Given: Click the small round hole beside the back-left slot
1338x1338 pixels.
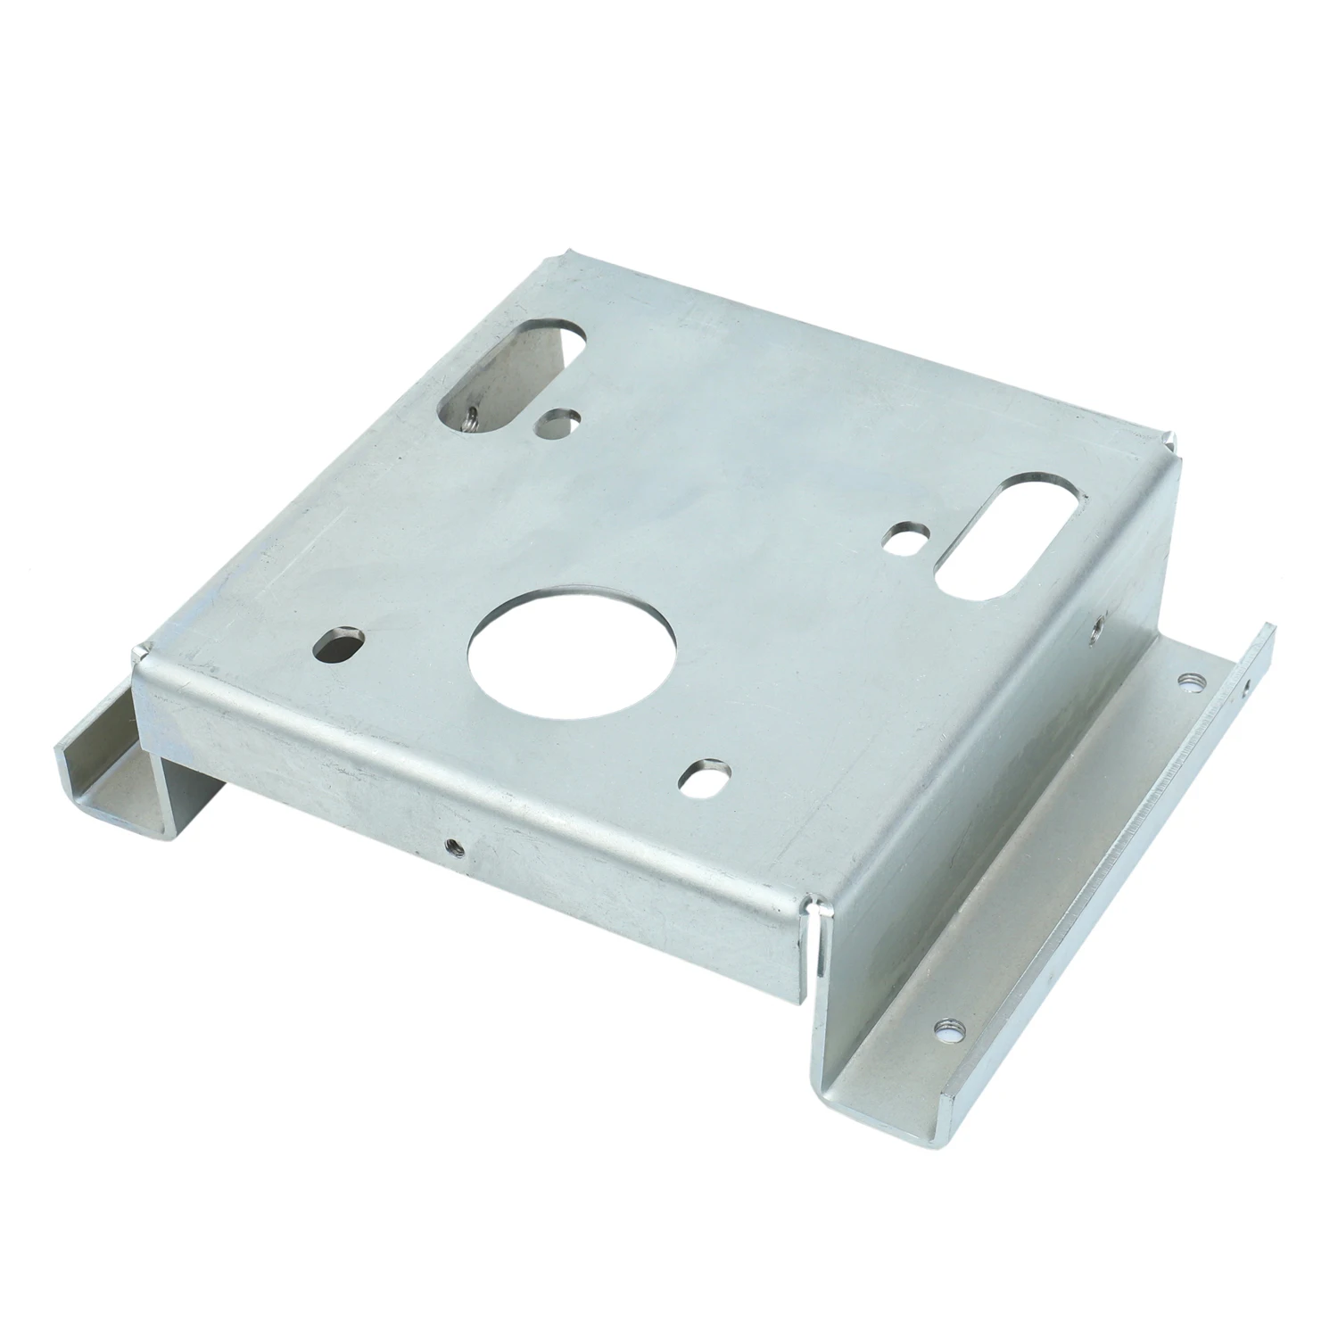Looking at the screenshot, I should tap(558, 421).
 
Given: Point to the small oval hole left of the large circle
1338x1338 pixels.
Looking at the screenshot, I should tap(338, 644).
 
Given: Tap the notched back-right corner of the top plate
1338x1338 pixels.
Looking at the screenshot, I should tap(1170, 439).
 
